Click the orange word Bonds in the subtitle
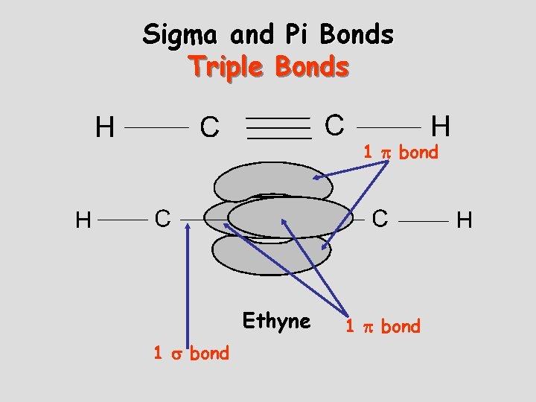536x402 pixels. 312,66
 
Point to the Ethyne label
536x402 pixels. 276,321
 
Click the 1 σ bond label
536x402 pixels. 191,353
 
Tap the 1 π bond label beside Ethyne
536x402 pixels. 382,326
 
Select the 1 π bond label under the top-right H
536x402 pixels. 401,152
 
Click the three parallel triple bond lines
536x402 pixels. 279,127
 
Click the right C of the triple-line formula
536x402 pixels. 335,124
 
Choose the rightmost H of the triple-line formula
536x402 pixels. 441,125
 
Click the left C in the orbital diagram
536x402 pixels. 163,219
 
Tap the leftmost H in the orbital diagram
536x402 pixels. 84,220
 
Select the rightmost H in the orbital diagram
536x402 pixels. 465,220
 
